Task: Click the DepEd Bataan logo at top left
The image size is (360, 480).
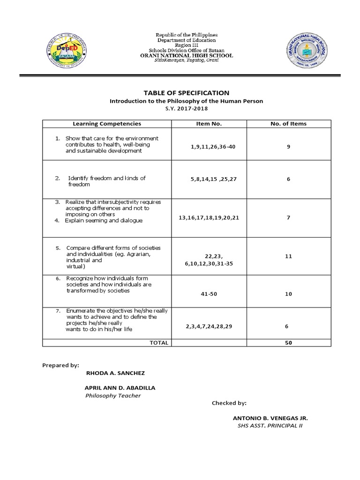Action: (x=68, y=51)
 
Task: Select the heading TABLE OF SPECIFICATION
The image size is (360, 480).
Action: (x=186, y=93)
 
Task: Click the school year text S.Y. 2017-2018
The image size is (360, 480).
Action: (x=186, y=109)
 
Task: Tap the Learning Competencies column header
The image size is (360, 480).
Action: (x=107, y=124)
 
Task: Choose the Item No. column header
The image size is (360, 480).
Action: (x=209, y=124)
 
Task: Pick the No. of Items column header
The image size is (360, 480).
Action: (x=289, y=124)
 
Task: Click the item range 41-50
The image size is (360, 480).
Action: (x=209, y=294)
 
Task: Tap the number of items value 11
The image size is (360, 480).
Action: (x=288, y=257)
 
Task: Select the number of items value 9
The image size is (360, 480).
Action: (x=289, y=147)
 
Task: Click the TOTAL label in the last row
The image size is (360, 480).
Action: (x=158, y=343)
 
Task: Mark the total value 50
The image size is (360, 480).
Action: (x=288, y=343)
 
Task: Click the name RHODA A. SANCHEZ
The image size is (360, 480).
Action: (x=116, y=373)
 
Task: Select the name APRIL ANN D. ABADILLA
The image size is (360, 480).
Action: (x=120, y=388)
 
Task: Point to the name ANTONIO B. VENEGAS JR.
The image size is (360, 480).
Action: (x=270, y=418)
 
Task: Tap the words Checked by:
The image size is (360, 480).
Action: (x=229, y=403)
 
